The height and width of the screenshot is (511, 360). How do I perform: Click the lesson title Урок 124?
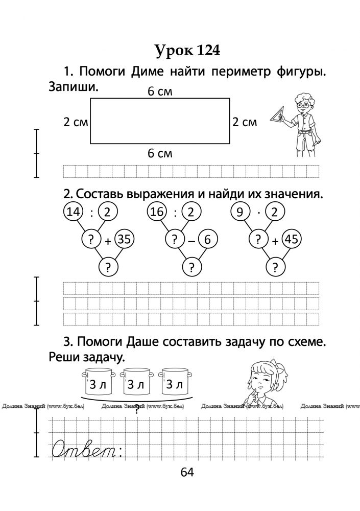click(187, 51)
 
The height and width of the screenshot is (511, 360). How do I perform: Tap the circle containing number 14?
click(73, 212)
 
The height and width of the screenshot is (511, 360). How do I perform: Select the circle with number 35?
click(124, 240)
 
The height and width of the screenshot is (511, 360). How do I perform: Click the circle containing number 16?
click(156, 212)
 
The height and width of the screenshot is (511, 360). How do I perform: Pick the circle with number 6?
click(207, 240)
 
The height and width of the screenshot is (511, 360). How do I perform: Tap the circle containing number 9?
click(240, 212)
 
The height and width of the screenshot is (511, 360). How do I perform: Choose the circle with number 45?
click(291, 240)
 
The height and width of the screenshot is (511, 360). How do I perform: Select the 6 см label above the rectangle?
click(160, 91)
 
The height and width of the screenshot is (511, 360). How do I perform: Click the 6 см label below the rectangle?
click(160, 153)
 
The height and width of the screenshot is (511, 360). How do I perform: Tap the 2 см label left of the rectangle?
click(76, 122)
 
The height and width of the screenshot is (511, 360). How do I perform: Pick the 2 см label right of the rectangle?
click(245, 122)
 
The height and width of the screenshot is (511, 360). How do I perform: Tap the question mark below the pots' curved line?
click(137, 408)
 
